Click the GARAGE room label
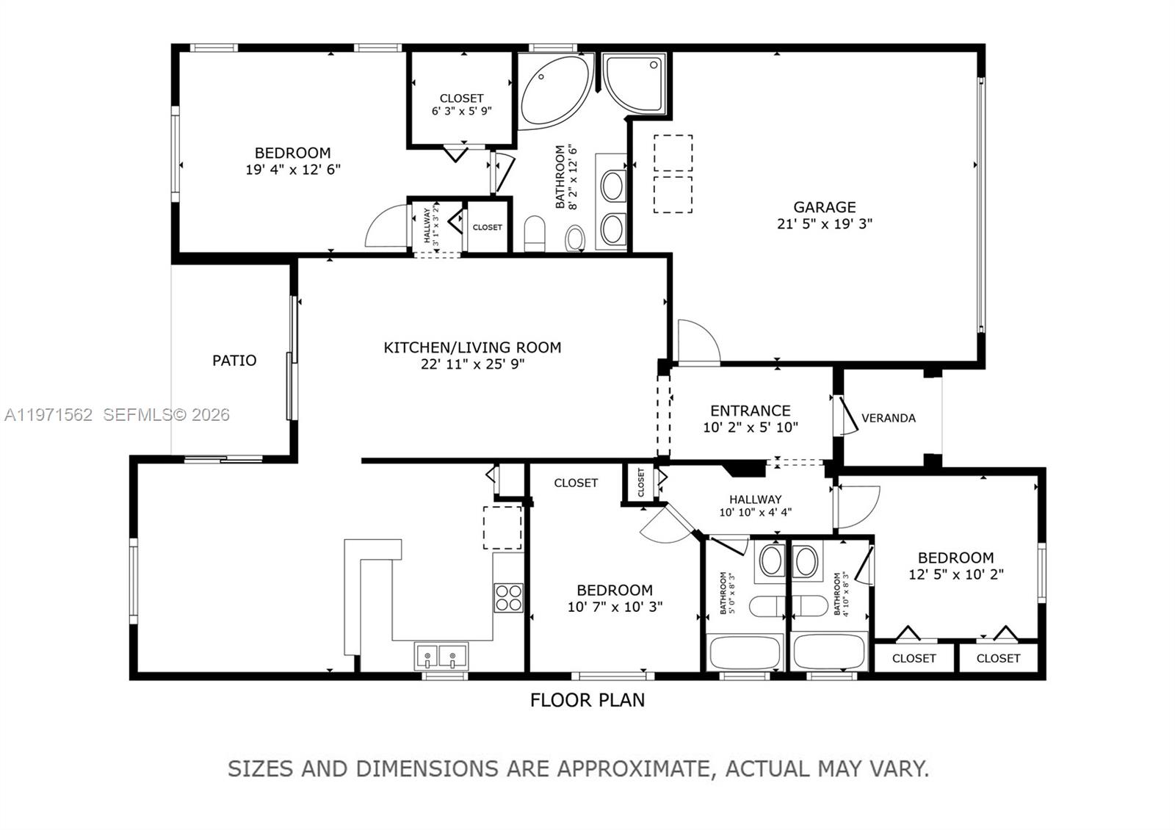(824, 207)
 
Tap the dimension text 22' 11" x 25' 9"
(472, 364)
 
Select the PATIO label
(234, 360)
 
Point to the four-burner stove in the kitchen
(508, 597)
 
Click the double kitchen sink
(441, 655)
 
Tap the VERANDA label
(888, 418)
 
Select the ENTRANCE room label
(750, 411)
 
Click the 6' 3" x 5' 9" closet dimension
(461, 111)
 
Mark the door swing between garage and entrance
(697, 342)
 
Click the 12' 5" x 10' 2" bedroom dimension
(955, 574)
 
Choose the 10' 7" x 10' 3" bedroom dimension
(615, 607)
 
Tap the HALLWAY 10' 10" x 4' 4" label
(755, 505)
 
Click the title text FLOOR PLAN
(587, 700)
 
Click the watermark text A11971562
(48, 415)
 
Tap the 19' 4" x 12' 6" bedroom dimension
(292, 169)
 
